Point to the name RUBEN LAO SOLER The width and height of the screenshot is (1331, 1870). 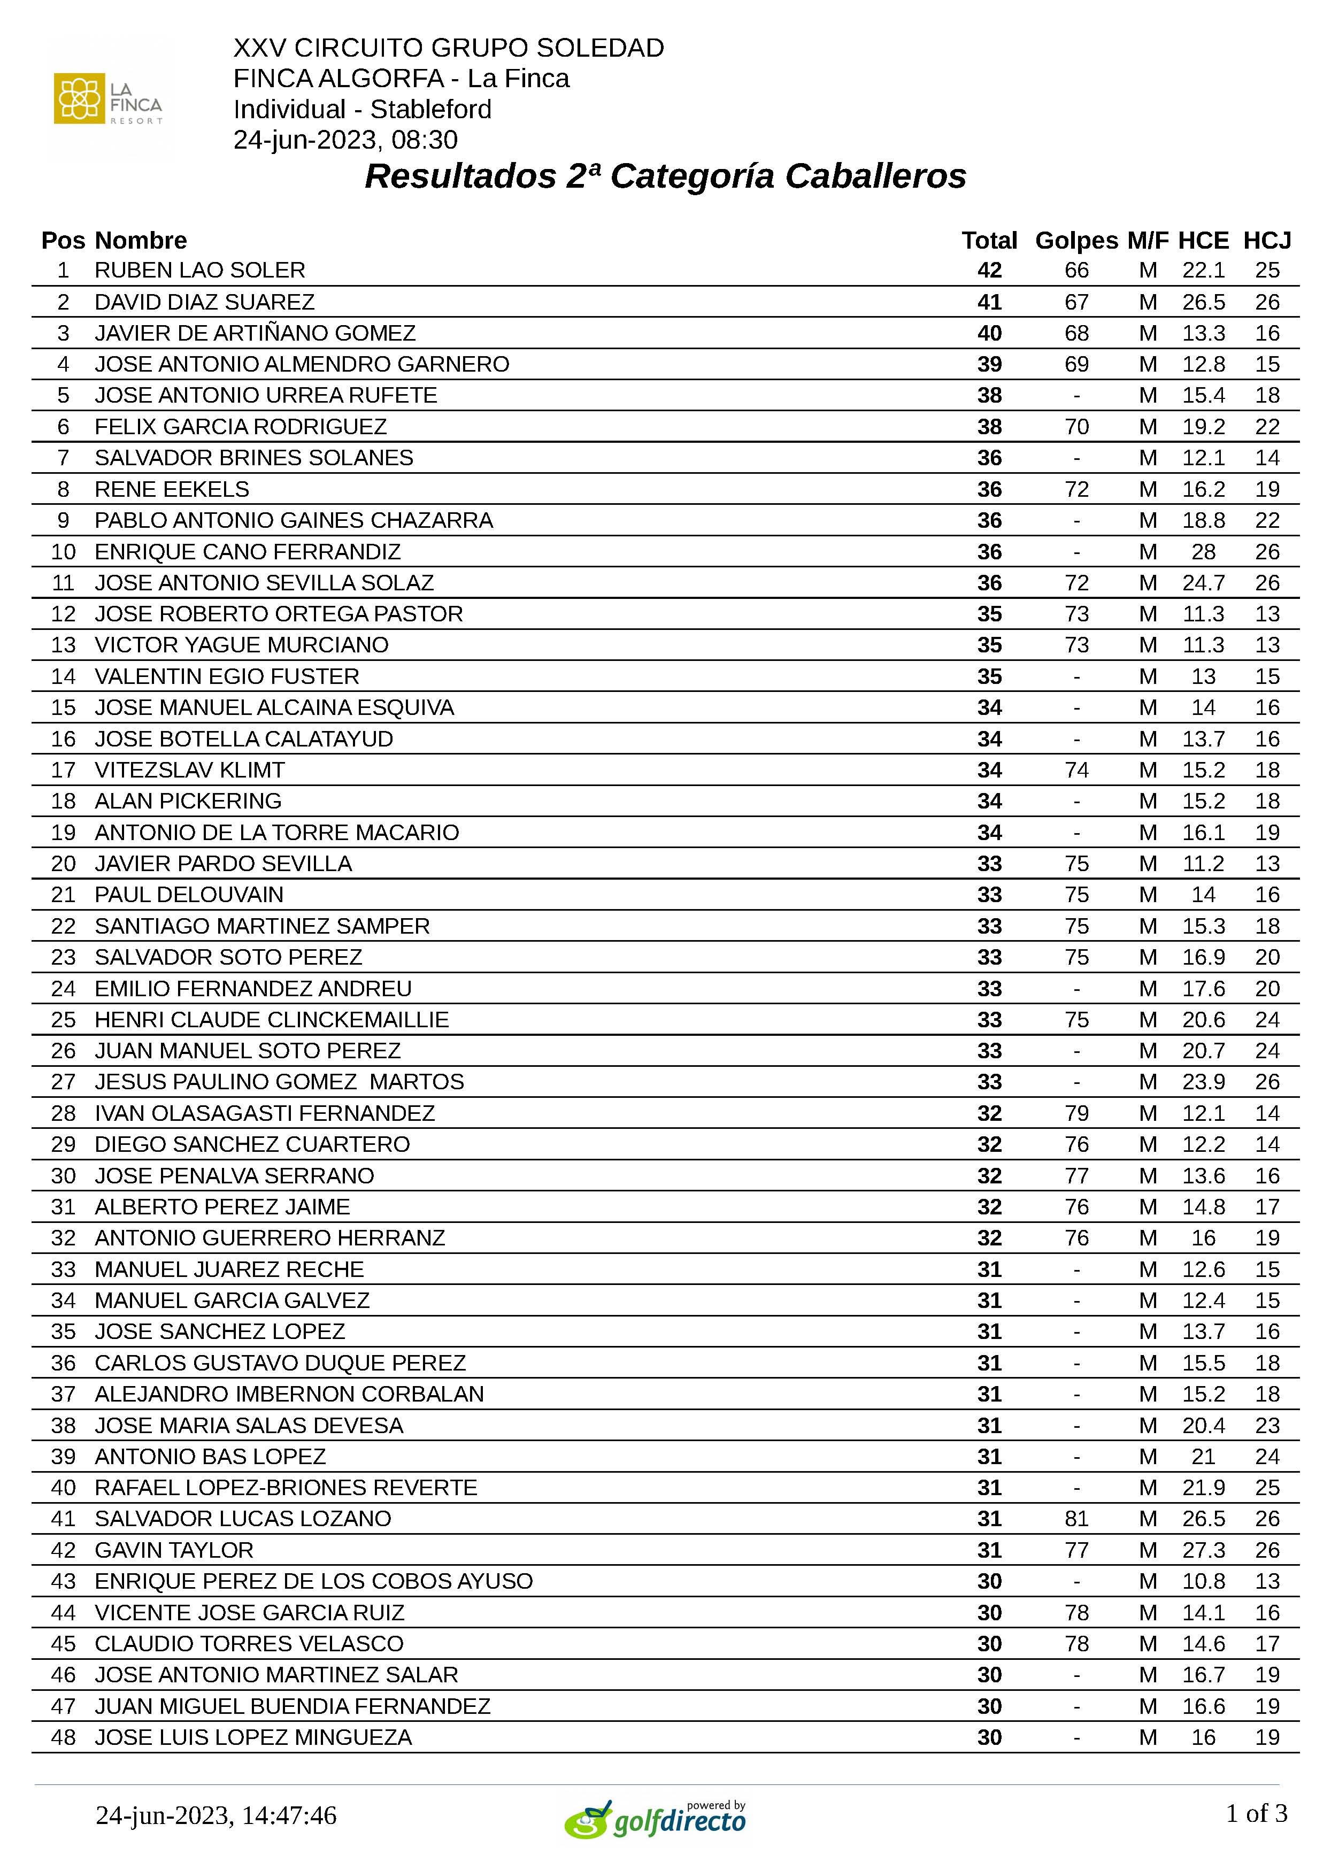[x=200, y=271]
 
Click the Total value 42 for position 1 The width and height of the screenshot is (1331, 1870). [x=989, y=271]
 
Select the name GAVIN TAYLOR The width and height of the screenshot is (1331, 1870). [x=174, y=1550]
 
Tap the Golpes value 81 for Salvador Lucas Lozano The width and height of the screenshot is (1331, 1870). [x=1076, y=1519]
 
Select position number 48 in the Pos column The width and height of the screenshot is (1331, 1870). [x=63, y=1737]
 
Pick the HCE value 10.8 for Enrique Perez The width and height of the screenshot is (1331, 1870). [x=1203, y=1582]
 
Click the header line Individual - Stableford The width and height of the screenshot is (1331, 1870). [x=362, y=109]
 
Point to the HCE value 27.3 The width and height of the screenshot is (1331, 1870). [x=1203, y=1550]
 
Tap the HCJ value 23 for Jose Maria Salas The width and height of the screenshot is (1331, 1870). [x=1267, y=1425]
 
